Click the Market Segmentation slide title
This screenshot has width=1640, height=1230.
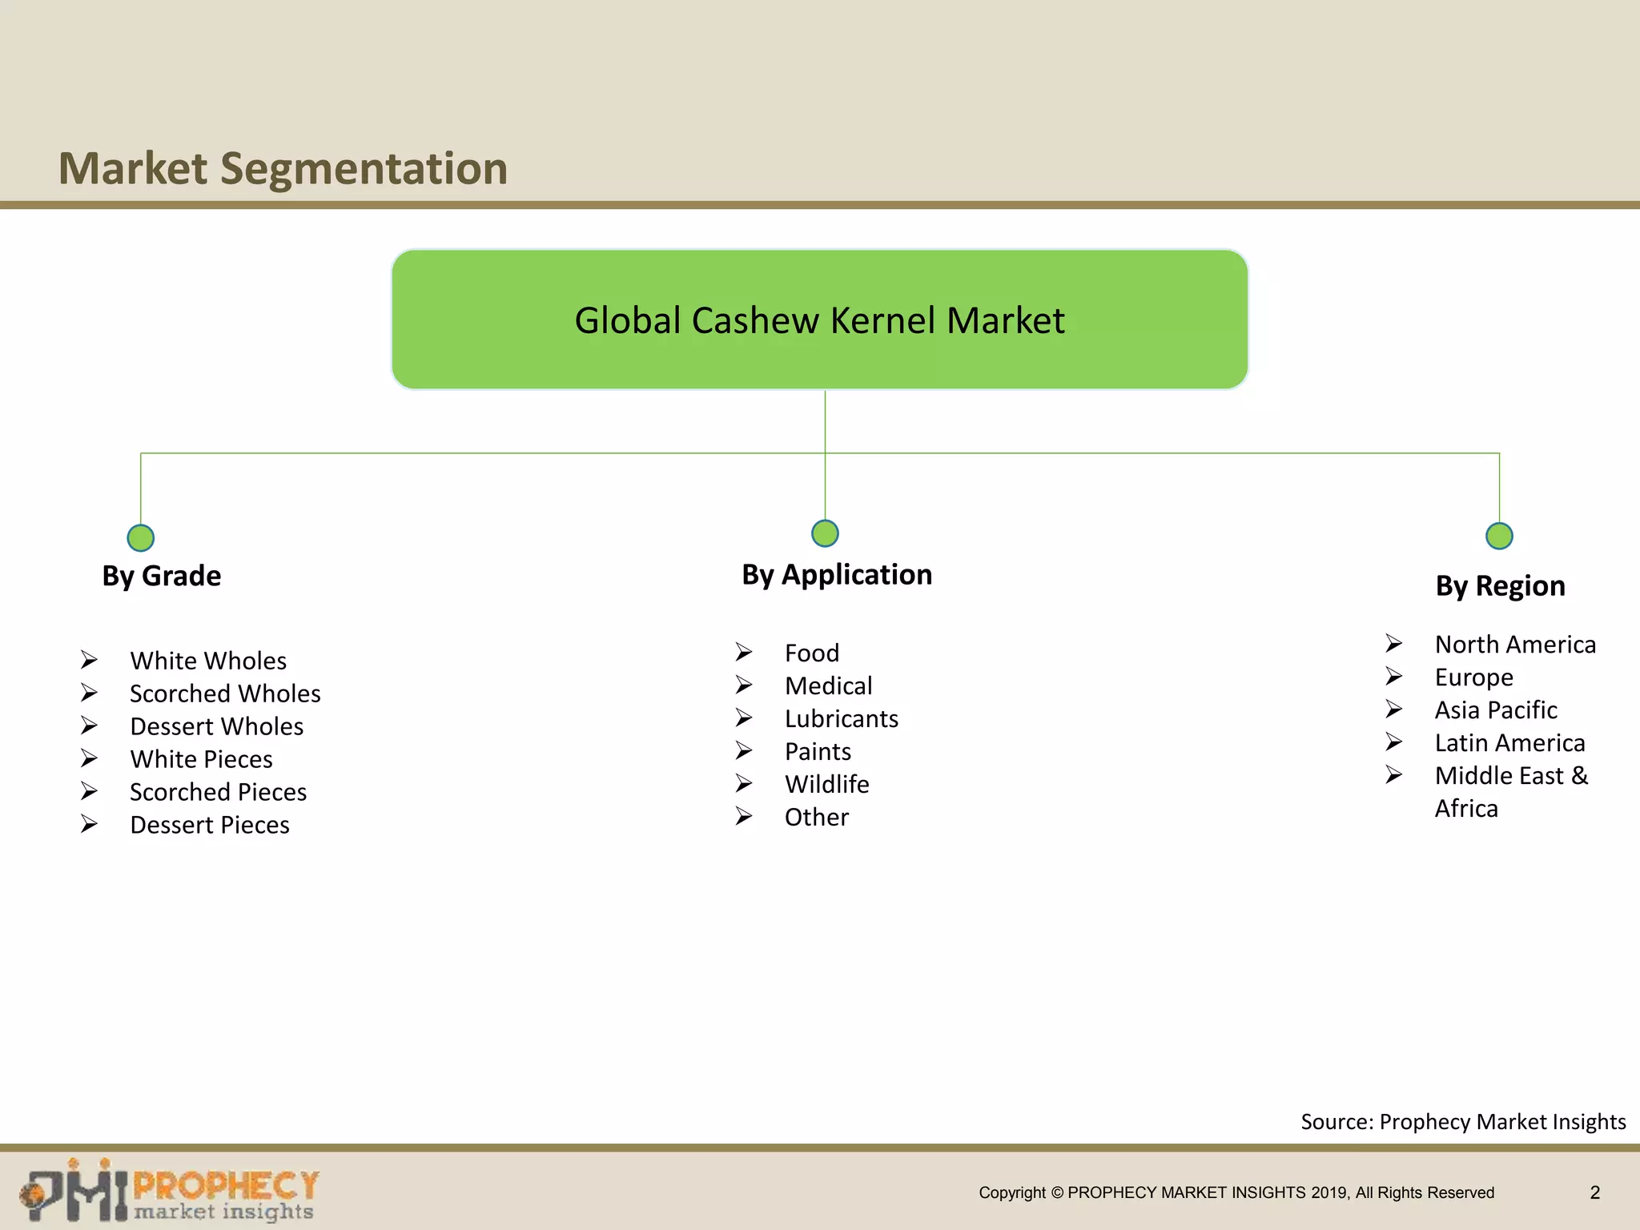point(283,169)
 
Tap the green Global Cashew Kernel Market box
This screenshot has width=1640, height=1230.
point(819,320)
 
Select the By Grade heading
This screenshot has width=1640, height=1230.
point(162,576)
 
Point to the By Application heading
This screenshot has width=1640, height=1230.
point(837,574)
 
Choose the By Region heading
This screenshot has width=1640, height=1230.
point(1500,585)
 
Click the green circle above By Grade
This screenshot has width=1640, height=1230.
point(141,538)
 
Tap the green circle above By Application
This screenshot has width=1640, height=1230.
point(825,533)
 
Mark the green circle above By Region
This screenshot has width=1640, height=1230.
point(1499,536)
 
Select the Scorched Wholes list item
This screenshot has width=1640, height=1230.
point(225,693)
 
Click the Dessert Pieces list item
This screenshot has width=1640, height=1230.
point(210,825)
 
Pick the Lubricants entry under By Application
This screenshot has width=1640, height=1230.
point(841,718)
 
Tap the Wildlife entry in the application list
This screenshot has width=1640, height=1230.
point(826,784)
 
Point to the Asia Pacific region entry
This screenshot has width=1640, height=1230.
point(1496,709)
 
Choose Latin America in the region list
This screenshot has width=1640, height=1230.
point(1509,742)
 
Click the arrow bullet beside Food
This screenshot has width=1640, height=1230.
point(744,653)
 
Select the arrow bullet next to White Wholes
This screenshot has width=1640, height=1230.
point(89,660)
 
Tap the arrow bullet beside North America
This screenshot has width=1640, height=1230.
point(1394,644)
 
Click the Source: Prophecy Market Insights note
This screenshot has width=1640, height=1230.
point(1463,1121)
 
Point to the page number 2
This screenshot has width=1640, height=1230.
point(1594,1192)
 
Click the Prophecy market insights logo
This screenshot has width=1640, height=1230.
point(170,1191)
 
